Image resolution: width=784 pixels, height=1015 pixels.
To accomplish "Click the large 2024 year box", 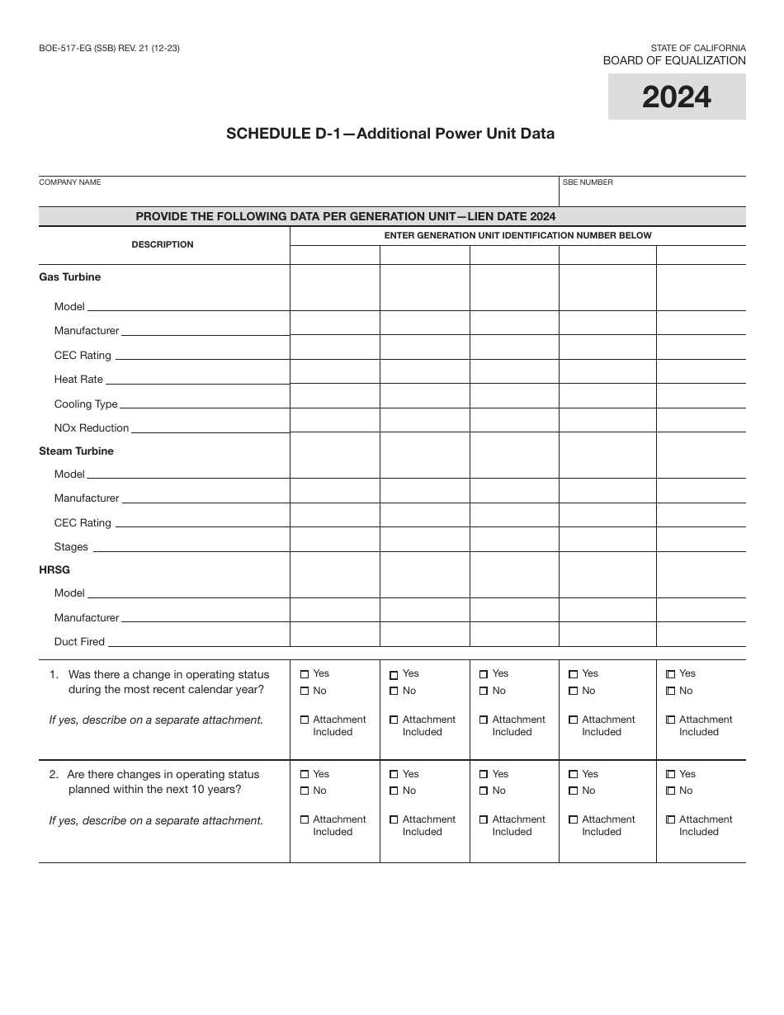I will pyautogui.click(x=677, y=97).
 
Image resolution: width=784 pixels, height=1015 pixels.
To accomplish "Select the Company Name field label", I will pyautogui.click(x=70, y=182).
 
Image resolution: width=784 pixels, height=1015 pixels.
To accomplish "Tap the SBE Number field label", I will pyautogui.click(x=588, y=182).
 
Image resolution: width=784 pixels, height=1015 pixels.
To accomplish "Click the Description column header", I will pyautogui.click(x=163, y=245).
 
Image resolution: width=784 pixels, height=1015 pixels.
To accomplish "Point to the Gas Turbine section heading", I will pyautogui.click(x=70, y=277).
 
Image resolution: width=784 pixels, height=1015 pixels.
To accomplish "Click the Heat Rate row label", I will pyautogui.click(x=78, y=380).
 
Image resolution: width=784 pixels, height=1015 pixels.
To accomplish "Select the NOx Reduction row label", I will pyautogui.click(x=92, y=428).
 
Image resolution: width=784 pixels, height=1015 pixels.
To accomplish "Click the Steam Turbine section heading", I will pyautogui.click(x=77, y=451).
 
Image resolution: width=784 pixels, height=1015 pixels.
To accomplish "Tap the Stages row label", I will pyautogui.click(x=71, y=547).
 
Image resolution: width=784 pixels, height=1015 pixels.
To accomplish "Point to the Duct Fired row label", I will pyautogui.click(x=79, y=642).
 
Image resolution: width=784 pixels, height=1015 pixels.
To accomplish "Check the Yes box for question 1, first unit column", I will pyautogui.click(x=305, y=674).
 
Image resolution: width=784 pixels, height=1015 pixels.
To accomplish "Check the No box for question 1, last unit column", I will pyautogui.click(x=670, y=692).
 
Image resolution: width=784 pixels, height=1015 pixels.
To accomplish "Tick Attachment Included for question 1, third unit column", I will pyautogui.click(x=484, y=720).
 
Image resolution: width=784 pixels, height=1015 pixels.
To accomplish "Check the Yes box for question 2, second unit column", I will pyautogui.click(x=394, y=775).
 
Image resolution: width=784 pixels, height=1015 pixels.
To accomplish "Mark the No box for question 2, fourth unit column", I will pyautogui.click(x=573, y=791).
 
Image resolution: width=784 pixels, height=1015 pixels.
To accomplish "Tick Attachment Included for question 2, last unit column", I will pyautogui.click(x=670, y=820).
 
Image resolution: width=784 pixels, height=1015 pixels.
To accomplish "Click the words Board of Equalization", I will pyautogui.click(x=674, y=61).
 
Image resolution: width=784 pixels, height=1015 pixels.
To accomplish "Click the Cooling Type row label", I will pyautogui.click(x=86, y=404).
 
